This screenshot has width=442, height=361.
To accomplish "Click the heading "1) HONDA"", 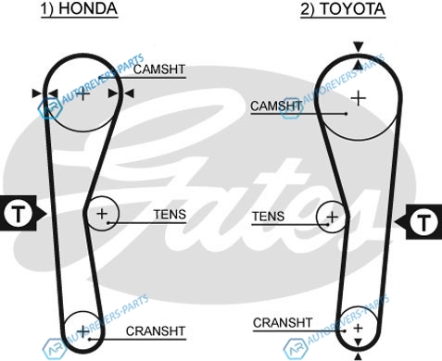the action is (x=80, y=8).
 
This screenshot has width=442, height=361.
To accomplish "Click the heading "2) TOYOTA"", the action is (x=343, y=8).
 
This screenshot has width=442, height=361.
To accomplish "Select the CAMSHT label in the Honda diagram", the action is (x=159, y=69).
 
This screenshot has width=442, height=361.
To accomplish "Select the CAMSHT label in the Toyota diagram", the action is (x=276, y=106).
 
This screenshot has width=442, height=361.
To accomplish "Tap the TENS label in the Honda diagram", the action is (x=170, y=214).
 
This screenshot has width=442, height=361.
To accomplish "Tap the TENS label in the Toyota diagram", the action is (x=268, y=217).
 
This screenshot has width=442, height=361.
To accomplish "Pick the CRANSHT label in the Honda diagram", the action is (x=156, y=331).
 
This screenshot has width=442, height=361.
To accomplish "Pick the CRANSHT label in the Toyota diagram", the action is (x=283, y=323).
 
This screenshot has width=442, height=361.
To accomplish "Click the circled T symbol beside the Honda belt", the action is (x=19, y=213).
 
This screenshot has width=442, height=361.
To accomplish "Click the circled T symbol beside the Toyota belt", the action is (x=423, y=221).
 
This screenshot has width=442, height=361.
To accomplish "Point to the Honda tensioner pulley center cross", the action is (x=102, y=214).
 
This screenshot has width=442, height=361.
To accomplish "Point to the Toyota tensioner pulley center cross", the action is (x=333, y=218).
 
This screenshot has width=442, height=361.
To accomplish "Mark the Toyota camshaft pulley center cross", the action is (x=359, y=98).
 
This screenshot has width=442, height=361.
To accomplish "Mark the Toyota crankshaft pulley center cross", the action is (x=358, y=328).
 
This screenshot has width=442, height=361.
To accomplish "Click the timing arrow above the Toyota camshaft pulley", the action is (x=359, y=47).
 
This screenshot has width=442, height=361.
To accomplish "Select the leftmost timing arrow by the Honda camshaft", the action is (x=37, y=93).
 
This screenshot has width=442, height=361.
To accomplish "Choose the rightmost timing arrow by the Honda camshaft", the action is (x=129, y=93).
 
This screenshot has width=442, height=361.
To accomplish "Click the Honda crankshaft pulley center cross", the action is (x=83, y=331).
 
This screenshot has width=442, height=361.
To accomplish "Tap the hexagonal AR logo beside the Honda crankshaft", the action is (x=55, y=349).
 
